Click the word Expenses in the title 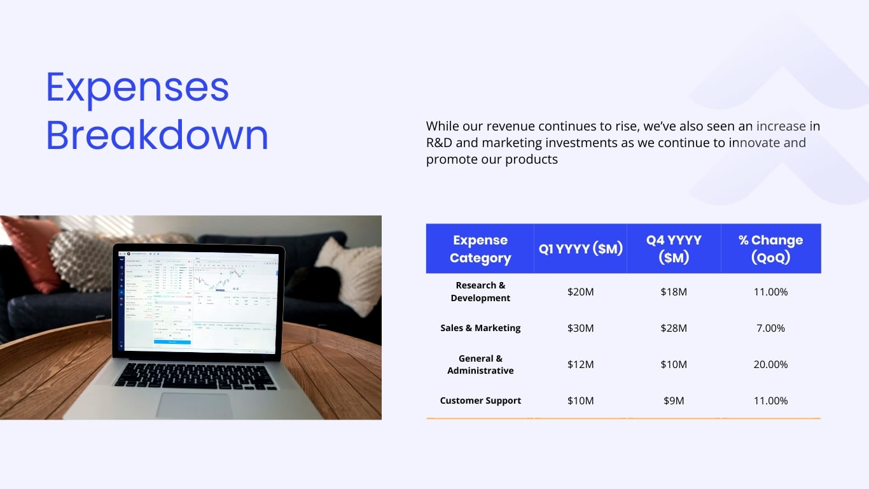[x=137, y=87]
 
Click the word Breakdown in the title [x=156, y=135]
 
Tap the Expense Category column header [x=480, y=249]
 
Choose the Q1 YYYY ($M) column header [x=580, y=249]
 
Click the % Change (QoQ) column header [x=770, y=249]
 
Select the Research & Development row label [x=480, y=292]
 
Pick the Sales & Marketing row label [x=480, y=328]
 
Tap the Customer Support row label [x=480, y=400]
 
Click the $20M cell [x=580, y=292]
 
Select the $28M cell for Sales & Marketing [x=674, y=329]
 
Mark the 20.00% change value [x=770, y=365]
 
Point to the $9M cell [x=674, y=401]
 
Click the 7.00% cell [x=770, y=329]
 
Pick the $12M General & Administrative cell [x=580, y=365]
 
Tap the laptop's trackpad [x=194, y=406]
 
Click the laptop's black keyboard [x=195, y=376]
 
